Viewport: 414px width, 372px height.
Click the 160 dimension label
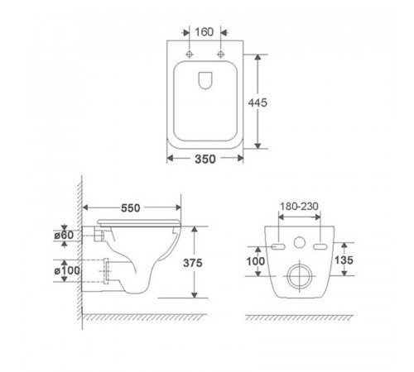205,32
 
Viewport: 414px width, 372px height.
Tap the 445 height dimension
258,103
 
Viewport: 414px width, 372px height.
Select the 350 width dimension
205,159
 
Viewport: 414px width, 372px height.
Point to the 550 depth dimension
131,207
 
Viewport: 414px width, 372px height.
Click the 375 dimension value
193,263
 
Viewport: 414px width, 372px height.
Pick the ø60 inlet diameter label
64,235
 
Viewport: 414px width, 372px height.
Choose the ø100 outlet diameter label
67,270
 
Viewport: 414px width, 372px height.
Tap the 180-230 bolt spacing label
299,206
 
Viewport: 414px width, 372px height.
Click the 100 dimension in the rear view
255,261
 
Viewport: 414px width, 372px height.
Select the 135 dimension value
344,260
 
